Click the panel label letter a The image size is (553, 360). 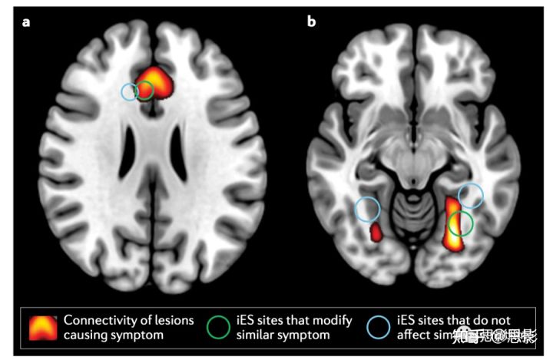[27, 21]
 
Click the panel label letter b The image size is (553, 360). [311, 21]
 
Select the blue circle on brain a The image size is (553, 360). [130, 91]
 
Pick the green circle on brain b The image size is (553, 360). [460, 223]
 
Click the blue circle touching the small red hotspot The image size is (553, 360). [368, 209]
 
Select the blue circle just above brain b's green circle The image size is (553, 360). [471, 196]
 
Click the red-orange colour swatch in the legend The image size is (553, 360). [43, 327]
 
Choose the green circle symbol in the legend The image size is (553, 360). [218, 327]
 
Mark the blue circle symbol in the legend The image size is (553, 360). [379, 327]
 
